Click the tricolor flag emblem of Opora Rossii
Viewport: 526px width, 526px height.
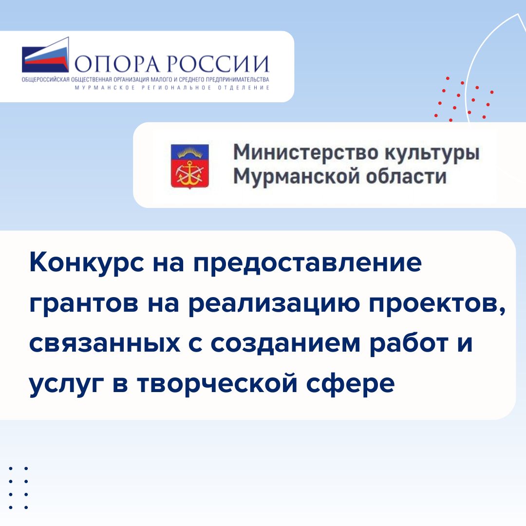tap(46, 55)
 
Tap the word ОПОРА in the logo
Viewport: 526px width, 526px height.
tap(117, 63)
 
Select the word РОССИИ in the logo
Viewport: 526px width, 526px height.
tap(218, 63)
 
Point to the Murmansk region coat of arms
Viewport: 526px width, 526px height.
tap(190, 167)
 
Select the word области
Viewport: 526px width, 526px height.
tap(406, 176)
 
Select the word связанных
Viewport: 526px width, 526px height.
tap(105, 344)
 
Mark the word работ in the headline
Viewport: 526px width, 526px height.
tap(409, 343)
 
